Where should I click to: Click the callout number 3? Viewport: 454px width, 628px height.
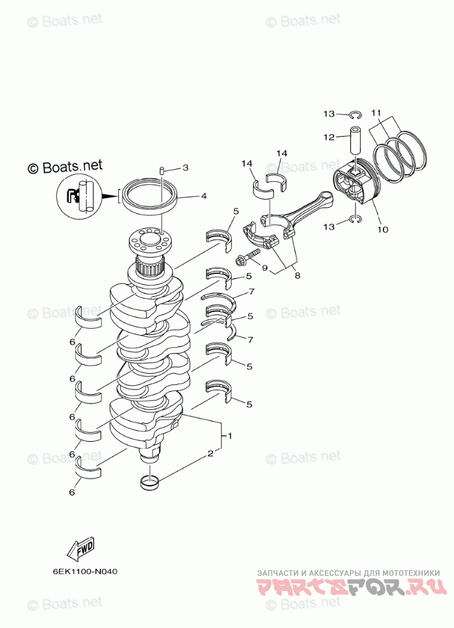(x=186, y=168)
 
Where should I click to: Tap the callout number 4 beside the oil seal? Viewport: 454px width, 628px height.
(x=203, y=196)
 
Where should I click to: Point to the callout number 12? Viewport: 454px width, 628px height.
(x=328, y=137)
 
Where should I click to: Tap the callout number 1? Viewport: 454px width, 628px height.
(x=229, y=437)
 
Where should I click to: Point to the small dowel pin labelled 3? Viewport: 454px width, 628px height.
(x=162, y=170)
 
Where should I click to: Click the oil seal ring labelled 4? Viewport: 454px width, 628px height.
(x=150, y=196)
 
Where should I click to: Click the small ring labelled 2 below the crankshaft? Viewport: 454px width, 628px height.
(x=149, y=482)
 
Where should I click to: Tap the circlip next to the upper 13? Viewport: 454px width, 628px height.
(x=355, y=114)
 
